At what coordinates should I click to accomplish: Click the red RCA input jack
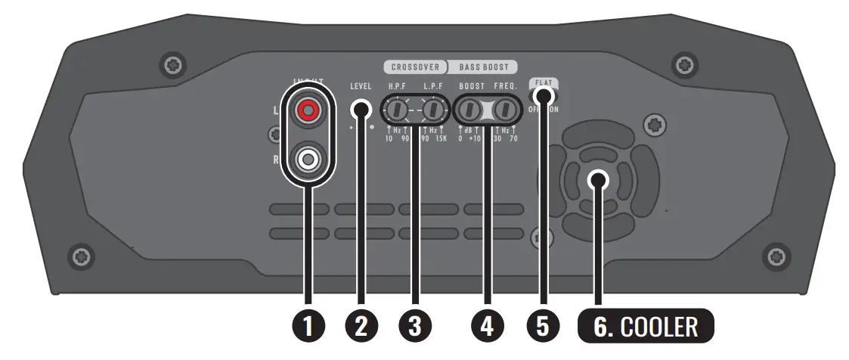click(307, 112)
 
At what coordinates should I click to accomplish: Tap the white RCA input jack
click(307, 159)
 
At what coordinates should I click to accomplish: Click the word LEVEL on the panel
click(361, 86)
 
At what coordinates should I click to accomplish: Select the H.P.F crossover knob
click(394, 110)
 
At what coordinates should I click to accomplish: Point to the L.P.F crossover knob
click(432, 110)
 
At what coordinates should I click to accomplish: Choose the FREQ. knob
click(506, 110)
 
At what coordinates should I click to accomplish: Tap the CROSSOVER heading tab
click(415, 67)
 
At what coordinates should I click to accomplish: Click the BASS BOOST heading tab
click(484, 67)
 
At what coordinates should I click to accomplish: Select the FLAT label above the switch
click(543, 82)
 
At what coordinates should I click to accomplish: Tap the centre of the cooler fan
click(597, 180)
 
